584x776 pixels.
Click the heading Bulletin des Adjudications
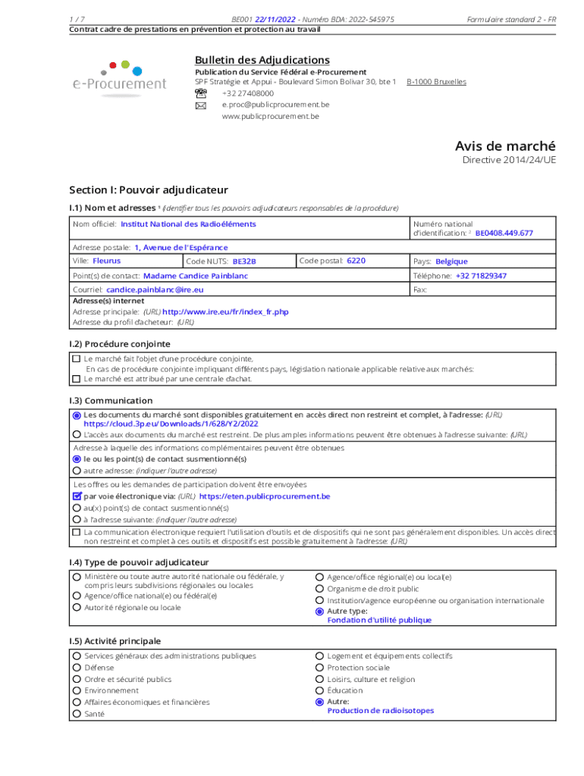click(x=262, y=60)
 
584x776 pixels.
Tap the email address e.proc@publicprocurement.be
click(x=275, y=105)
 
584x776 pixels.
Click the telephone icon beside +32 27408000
click(x=200, y=93)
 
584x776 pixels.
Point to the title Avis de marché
click(x=505, y=145)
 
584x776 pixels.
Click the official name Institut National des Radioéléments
click(x=188, y=224)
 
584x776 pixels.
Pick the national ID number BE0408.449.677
click(x=504, y=233)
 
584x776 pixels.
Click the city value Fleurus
click(x=106, y=261)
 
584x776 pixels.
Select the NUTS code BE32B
click(x=244, y=261)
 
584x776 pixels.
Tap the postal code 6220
click(x=356, y=261)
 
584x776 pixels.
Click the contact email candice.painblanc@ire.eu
click(x=155, y=289)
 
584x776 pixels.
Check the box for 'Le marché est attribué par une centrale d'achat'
click(x=76, y=378)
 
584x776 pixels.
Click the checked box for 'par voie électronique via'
click(x=76, y=496)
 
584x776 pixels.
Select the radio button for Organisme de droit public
click(x=320, y=589)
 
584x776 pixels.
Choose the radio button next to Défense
click(x=77, y=668)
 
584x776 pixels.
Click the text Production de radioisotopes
click(x=380, y=711)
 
